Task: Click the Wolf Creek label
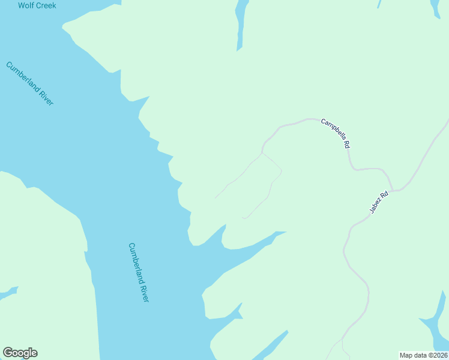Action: point(37,5)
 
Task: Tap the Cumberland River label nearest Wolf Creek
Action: point(30,83)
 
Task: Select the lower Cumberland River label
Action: point(138,272)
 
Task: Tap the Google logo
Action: point(20,353)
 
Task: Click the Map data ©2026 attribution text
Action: point(423,355)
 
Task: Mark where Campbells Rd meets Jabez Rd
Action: point(394,190)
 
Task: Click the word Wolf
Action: point(26,5)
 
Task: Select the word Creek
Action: point(46,5)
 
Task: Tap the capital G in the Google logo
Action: point(8,353)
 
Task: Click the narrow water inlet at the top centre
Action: point(241,24)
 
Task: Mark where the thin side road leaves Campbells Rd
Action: point(262,152)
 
